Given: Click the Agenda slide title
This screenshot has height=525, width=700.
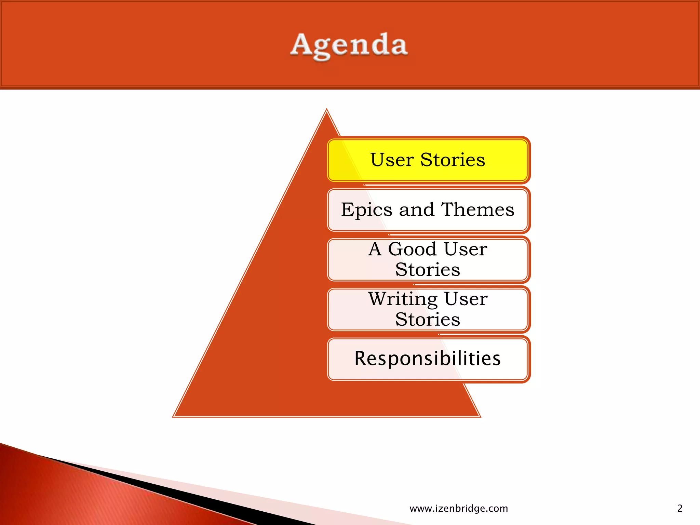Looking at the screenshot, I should click(x=349, y=45).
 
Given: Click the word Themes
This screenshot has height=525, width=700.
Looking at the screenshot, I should click(x=477, y=209).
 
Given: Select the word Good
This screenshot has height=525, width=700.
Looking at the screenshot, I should click(x=412, y=249).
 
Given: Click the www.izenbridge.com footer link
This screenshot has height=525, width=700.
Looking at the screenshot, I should click(x=459, y=509).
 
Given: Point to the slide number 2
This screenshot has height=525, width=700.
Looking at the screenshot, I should click(x=679, y=509).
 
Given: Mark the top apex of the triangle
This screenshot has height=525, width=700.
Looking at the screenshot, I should click(x=327, y=110).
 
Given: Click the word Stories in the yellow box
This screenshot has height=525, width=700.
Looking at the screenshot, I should click(x=453, y=160).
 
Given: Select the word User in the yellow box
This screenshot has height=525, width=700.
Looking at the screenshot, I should click(x=392, y=160).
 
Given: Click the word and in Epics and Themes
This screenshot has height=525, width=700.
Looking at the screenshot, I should click(x=417, y=209).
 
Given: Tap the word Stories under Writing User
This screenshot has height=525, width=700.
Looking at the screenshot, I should click(x=428, y=320).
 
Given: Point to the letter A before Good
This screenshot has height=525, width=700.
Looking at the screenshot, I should click(x=375, y=249).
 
